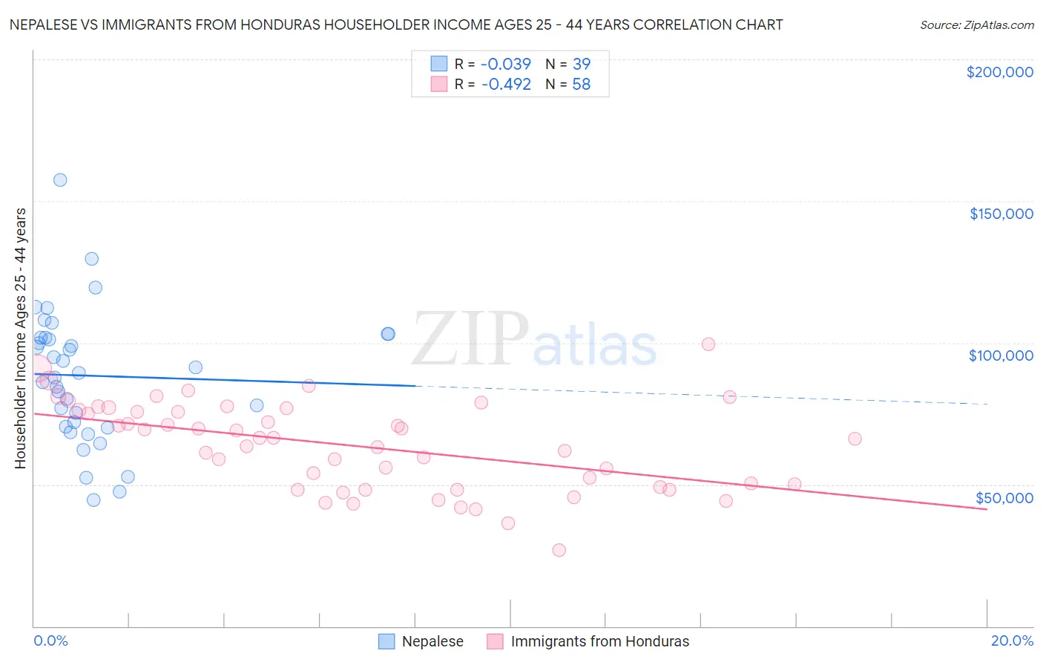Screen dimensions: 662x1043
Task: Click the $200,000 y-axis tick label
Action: [999, 72]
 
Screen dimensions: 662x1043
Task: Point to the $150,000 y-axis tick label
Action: [1001, 214]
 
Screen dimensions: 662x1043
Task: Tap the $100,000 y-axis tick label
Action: [1001, 355]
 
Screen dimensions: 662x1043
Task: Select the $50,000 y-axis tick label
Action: [1004, 498]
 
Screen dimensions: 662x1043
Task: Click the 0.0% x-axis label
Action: [50, 640]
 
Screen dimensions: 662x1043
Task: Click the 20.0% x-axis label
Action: [1012, 640]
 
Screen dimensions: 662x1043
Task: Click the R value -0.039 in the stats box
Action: [506, 65]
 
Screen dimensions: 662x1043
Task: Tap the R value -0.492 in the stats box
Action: [506, 85]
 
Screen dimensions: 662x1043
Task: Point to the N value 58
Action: [581, 85]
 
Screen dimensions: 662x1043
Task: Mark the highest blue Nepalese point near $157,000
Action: [60, 180]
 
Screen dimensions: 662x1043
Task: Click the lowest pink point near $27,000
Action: [559, 550]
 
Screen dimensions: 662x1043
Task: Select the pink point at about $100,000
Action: [708, 344]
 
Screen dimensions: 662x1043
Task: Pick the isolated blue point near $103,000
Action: [388, 334]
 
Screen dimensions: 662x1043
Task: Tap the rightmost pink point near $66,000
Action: [855, 439]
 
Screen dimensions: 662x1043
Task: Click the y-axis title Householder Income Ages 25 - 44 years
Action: [20, 338]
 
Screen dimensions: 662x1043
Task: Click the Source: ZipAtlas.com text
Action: [976, 25]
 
